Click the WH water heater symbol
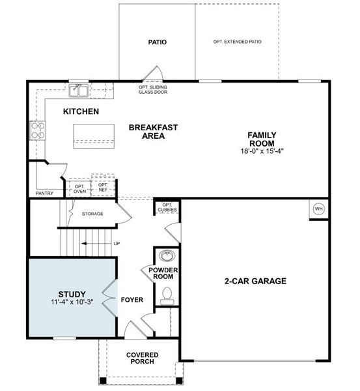coord(319,209)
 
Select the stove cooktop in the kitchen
coord(36,130)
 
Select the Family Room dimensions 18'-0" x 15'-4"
coord(261,151)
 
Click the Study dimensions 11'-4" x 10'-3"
coord(72,302)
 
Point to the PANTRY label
coord(45,193)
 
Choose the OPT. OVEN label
coord(79,188)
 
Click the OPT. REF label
coord(103,187)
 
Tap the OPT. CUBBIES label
coord(165,207)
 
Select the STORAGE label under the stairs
coord(92,214)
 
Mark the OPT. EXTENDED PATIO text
coord(237,42)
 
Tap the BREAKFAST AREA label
coord(153,132)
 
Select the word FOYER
coord(132,300)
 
